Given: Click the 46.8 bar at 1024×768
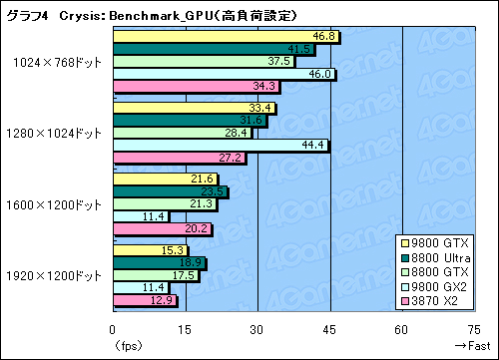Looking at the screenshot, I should [226, 37].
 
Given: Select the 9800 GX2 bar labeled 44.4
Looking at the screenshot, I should [221, 146].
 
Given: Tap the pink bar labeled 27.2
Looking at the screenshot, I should [180, 158].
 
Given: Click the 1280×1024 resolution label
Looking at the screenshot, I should [56, 133].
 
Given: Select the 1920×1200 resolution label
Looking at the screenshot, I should [56, 275].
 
